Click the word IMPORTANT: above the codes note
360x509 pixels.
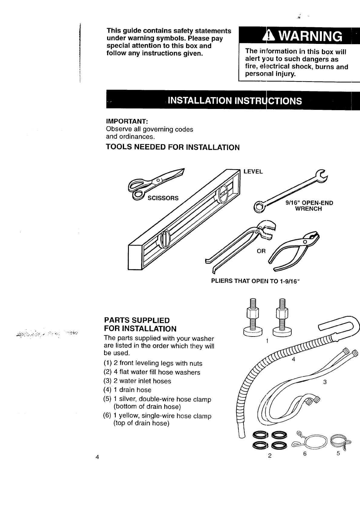click(x=127, y=121)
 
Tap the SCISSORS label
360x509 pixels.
click(x=163, y=199)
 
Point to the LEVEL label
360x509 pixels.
click(x=253, y=172)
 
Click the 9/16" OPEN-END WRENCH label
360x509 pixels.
click(x=309, y=206)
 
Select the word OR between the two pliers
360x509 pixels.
click(x=261, y=251)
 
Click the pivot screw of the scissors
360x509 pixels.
click(x=158, y=181)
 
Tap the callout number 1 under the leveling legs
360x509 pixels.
click(x=267, y=341)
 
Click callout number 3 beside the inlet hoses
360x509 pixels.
click(x=325, y=382)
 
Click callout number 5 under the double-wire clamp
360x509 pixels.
click(x=338, y=453)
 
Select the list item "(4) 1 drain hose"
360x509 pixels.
click(x=127, y=390)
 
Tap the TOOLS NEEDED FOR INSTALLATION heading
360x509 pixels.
click(x=172, y=147)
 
